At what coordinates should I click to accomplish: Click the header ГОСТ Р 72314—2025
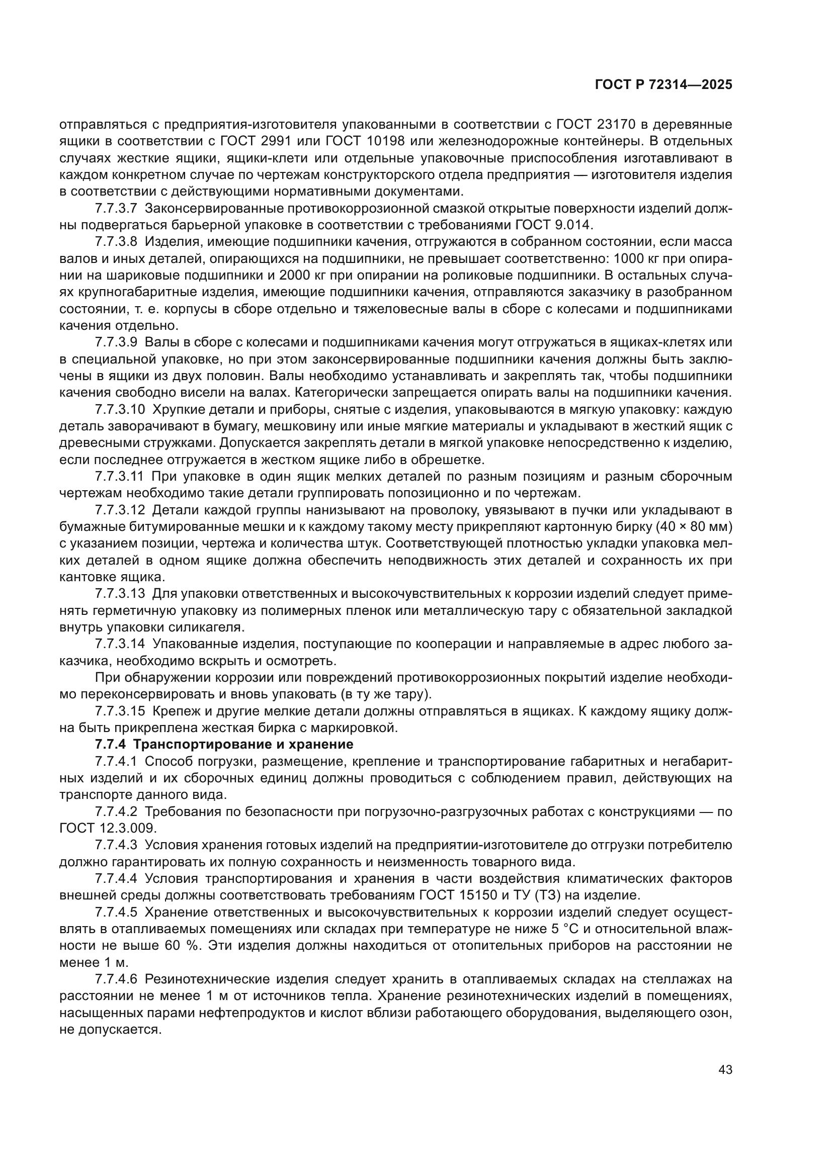point(663,85)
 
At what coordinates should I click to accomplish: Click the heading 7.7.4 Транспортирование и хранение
point(224,744)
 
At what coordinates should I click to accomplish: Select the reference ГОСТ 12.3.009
point(107,828)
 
